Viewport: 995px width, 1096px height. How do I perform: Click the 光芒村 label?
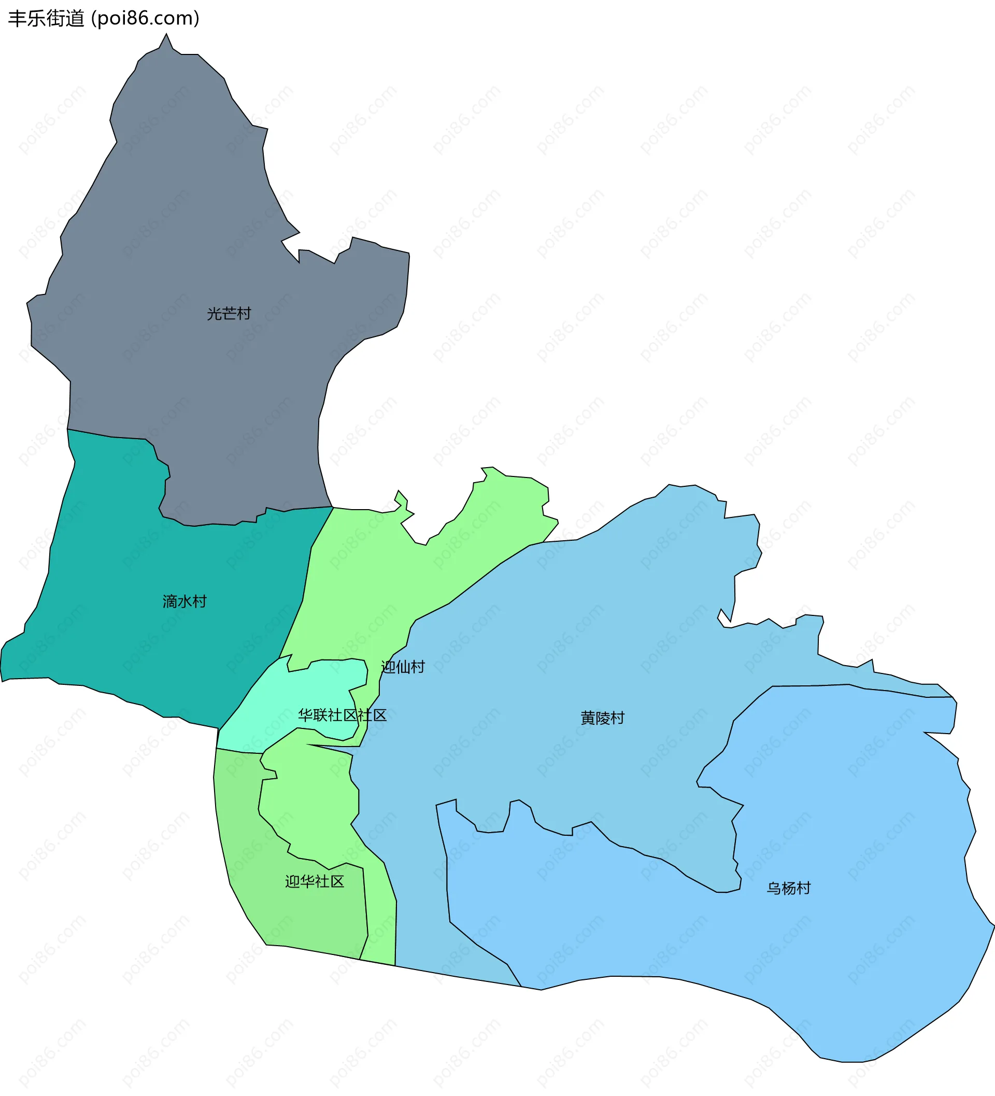click(229, 314)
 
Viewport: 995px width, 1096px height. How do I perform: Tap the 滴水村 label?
click(185, 601)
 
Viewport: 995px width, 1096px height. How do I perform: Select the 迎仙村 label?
click(403, 667)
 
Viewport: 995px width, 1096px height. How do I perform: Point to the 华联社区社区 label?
click(343, 715)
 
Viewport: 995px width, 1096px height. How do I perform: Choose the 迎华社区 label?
click(315, 882)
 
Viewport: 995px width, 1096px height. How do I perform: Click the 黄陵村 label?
click(603, 718)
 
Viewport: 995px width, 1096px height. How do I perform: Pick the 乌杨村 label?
click(789, 888)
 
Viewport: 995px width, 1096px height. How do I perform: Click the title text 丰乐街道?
click(46, 19)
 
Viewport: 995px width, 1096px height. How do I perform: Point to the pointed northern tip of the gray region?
click(166, 35)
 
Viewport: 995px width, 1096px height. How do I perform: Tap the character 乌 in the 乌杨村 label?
click(774, 888)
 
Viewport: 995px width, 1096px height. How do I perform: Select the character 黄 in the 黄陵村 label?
click(588, 718)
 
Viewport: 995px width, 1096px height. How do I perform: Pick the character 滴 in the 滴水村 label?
click(170, 601)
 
